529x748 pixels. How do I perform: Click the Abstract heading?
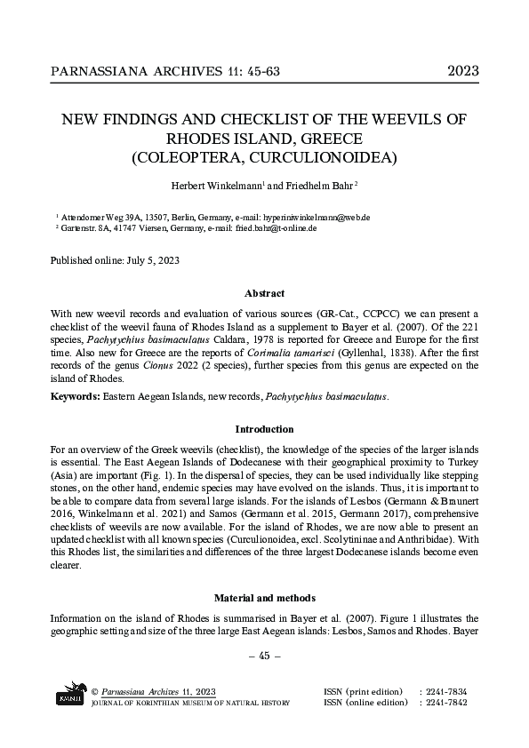(264, 294)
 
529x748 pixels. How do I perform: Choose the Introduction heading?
(264, 429)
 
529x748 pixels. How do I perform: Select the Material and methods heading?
(264, 599)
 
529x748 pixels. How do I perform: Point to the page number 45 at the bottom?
(264, 656)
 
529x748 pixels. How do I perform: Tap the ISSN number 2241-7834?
(448, 691)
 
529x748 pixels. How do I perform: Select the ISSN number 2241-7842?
(448, 703)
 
